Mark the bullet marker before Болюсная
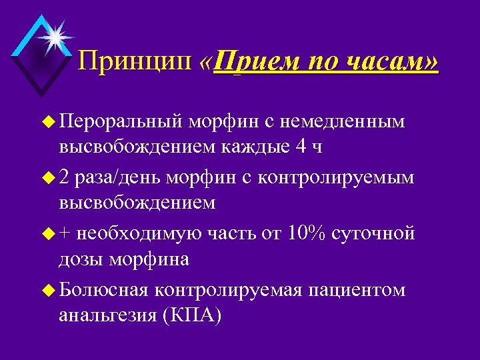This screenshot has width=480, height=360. [49, 291]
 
